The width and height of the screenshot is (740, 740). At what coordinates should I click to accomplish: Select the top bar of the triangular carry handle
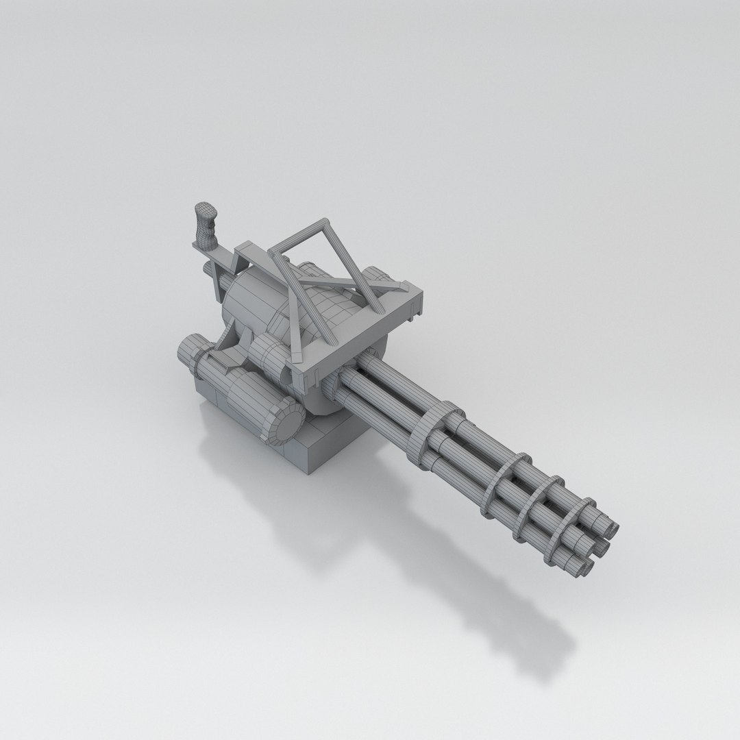coord(299,232)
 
